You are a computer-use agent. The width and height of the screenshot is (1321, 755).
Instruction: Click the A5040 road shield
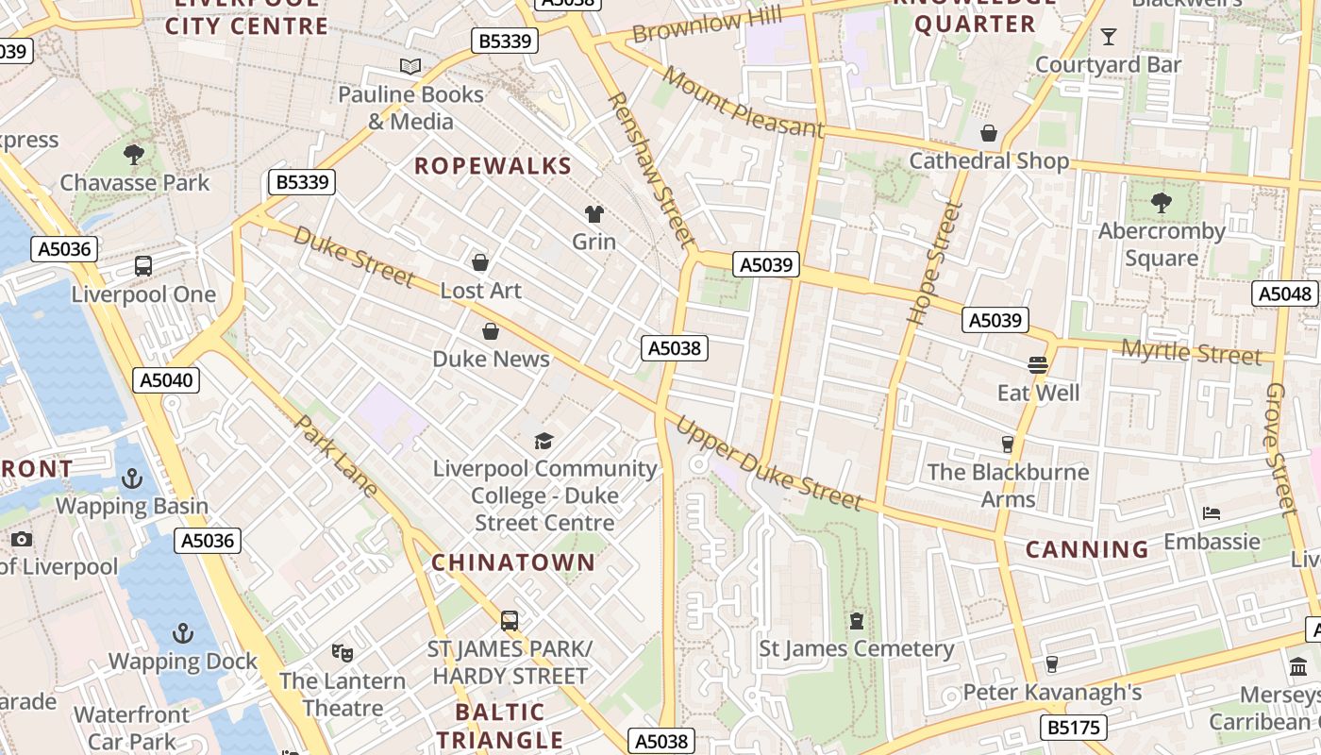pyautogui.click(x=166, y=380)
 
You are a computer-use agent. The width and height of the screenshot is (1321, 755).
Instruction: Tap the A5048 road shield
pyautogui.click(x=1285, y=294)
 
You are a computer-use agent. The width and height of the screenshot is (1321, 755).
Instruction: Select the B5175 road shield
pyautogui.click(x=1073, y=728)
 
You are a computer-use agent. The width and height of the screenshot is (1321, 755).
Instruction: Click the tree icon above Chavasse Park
pyautogui.click(x=134, y=154)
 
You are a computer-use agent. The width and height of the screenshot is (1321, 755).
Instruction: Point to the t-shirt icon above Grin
pyautogui.click(x=594, y=214)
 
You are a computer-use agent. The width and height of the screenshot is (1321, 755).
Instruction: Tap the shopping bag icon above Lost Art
pyautogui.click(x=480, y=261)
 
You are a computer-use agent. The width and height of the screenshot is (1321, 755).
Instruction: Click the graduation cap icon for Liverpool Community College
pyautogui.click(x=543, y=441)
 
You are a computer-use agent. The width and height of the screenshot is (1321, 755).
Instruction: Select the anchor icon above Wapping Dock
pyautogui.click(x=183, y=632)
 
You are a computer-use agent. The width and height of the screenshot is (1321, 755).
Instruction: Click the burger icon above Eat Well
pyautogui.click(x=1038, y=364)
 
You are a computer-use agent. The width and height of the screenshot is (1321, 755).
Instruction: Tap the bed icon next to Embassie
pyautogui.click(x=1212, y=513)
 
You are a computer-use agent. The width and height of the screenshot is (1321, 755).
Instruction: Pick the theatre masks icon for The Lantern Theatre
pyautogui.click(x=343, y=652)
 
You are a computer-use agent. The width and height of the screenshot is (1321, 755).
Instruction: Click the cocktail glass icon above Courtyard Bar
pyautogui.click(x=1108, y=37)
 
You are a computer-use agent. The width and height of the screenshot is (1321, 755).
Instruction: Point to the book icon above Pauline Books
pyautogui.click(x=410, y=66)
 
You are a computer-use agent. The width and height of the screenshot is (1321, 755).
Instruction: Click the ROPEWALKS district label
pyautogui.click(x=493, y=166)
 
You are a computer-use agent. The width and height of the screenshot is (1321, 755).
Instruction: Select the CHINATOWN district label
pyautogui.click(x=513, y=562)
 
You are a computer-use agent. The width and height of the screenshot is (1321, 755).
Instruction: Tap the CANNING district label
pyautogui.click(x=1087, y=549)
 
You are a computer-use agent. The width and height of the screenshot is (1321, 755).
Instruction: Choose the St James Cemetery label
pyautogui.click(x=857, y=649)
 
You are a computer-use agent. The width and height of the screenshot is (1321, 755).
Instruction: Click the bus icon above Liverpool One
pyautogui.click(x=143, y=266)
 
